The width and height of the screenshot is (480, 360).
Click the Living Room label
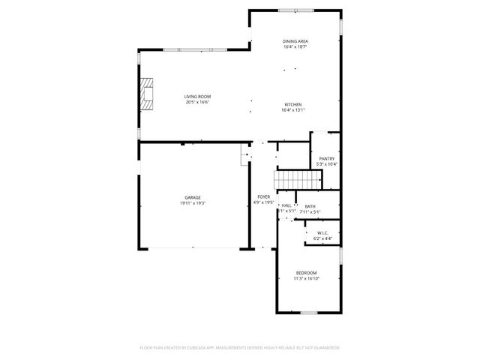[x=198, y=97]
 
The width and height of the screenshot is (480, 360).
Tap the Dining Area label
[x=295, y=41]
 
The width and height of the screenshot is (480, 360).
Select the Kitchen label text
[x=292, y=104]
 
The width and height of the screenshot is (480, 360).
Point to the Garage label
[x=193, y=197]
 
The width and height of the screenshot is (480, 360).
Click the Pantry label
[x=327, y=158]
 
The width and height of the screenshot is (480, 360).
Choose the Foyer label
[x=263, y=196]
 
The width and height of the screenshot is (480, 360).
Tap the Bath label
[x=310, y=206]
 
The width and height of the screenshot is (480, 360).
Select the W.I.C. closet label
[x=322, y=232]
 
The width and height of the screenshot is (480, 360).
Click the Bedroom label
[x=306, y=272]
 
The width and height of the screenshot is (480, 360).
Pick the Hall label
[x=286, y=205]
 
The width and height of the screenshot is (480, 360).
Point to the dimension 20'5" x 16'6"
[x=198, y=102]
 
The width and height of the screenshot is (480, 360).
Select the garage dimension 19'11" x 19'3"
[x=193, y=202]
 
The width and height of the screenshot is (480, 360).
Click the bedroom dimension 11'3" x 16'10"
[x=306, y=277]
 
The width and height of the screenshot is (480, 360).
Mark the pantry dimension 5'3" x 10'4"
[x=327, y=163]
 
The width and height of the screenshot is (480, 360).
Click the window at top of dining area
[x=296, y=10]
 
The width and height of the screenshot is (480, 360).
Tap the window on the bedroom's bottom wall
[x=308, y=312]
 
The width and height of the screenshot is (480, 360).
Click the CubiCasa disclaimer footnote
[x=240, y=347]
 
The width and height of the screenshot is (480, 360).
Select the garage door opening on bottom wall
[x=193, y=248]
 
